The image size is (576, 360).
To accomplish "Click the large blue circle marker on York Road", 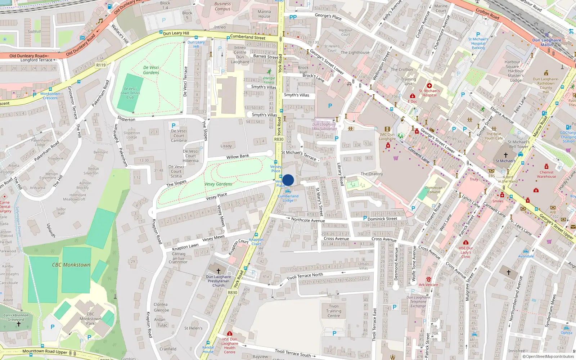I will (x=288, y=180).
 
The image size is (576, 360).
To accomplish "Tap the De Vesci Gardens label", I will (x=151, y=70).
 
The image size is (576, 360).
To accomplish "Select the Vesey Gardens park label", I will (x=218, y=184).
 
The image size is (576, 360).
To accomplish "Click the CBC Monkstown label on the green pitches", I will (x=71, y=265).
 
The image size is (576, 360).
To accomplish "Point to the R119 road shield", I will (x=101, y=65).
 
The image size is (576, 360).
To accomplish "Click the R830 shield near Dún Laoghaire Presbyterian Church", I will (x=233, y=292).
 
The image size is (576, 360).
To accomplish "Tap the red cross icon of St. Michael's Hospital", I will (x=429, y=86).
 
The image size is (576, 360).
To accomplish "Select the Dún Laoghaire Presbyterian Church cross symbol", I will (x=218, y=271).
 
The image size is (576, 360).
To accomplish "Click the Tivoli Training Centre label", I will (x=334, y=311).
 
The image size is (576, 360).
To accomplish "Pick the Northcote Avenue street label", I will (x=308, y=220).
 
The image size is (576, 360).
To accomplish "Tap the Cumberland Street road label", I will (x=248, y=37).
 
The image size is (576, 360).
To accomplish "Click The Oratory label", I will (x=372, y=174).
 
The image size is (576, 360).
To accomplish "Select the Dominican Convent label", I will (x=434, y=190).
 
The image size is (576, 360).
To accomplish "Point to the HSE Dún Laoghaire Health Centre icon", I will (x=230, y=333).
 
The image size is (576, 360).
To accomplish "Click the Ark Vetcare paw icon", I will (x=428, y=279).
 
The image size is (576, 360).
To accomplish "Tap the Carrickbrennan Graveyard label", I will (x=16, y=317).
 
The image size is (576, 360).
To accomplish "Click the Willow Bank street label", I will (x=238, y=157).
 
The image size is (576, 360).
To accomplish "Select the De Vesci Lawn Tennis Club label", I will (x=130, y=93).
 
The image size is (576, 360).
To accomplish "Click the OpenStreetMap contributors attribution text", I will (x=548, y=356).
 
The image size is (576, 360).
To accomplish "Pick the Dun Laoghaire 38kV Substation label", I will (x=324, y=126).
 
